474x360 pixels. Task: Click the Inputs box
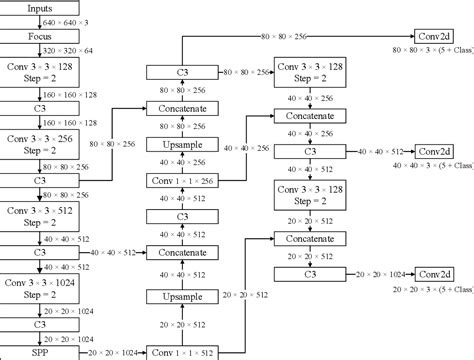[27, 9]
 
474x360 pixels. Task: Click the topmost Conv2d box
[436, 35]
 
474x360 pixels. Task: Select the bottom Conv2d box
[436, 272]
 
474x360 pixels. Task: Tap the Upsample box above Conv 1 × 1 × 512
[181, 297]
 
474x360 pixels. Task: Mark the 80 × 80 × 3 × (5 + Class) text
[430, 48]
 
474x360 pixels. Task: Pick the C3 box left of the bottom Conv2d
[311, 272]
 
